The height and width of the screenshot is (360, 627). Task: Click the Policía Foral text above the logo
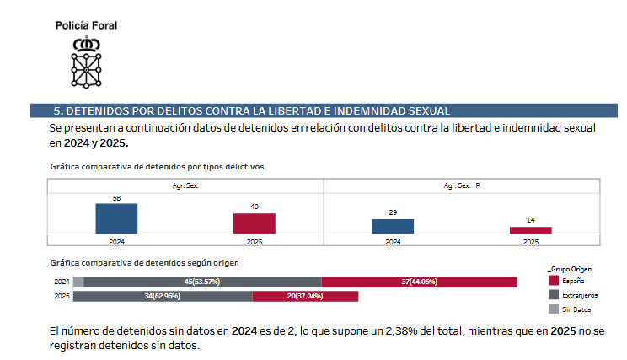(87, 25)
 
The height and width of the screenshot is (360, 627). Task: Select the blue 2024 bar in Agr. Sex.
(116, 218)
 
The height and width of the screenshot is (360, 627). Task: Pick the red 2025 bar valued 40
(255, 223)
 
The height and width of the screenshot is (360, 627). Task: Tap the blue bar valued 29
(393, 226)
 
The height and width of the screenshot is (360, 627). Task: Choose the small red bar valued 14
(531, 230)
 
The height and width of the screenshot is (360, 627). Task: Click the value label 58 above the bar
(116, 198)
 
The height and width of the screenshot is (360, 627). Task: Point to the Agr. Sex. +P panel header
(462, 185)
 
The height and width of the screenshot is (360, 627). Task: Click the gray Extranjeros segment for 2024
(202, 282)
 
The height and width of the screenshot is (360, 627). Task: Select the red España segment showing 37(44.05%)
(419, 282)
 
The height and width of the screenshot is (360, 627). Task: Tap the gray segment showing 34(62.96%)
(163, 297)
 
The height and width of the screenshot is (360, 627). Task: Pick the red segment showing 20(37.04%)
(305, 297)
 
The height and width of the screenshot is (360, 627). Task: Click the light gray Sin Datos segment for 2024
(78, 282)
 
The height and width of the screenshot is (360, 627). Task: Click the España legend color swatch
(554, 281)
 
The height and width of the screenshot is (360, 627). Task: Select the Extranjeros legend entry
(580, 295)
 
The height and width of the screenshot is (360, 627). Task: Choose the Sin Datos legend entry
(577, 309)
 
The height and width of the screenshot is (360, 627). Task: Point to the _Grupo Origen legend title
(575, 267)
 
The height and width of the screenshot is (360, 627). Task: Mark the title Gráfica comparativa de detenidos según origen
(144, 263)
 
